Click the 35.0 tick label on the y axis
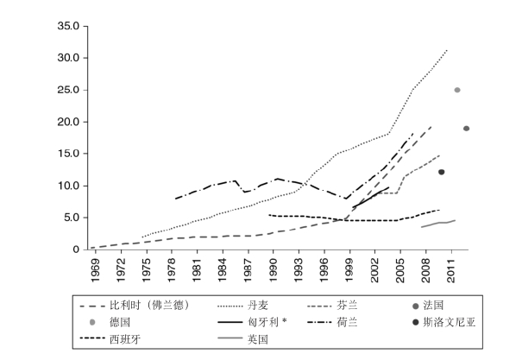[67, 26]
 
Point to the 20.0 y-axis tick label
[67, 122]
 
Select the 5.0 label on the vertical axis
[70, 218]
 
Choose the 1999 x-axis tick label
[349, 268]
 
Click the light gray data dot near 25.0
[457, 90]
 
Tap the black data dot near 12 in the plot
[441, 172]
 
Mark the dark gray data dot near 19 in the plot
[466, 129]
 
